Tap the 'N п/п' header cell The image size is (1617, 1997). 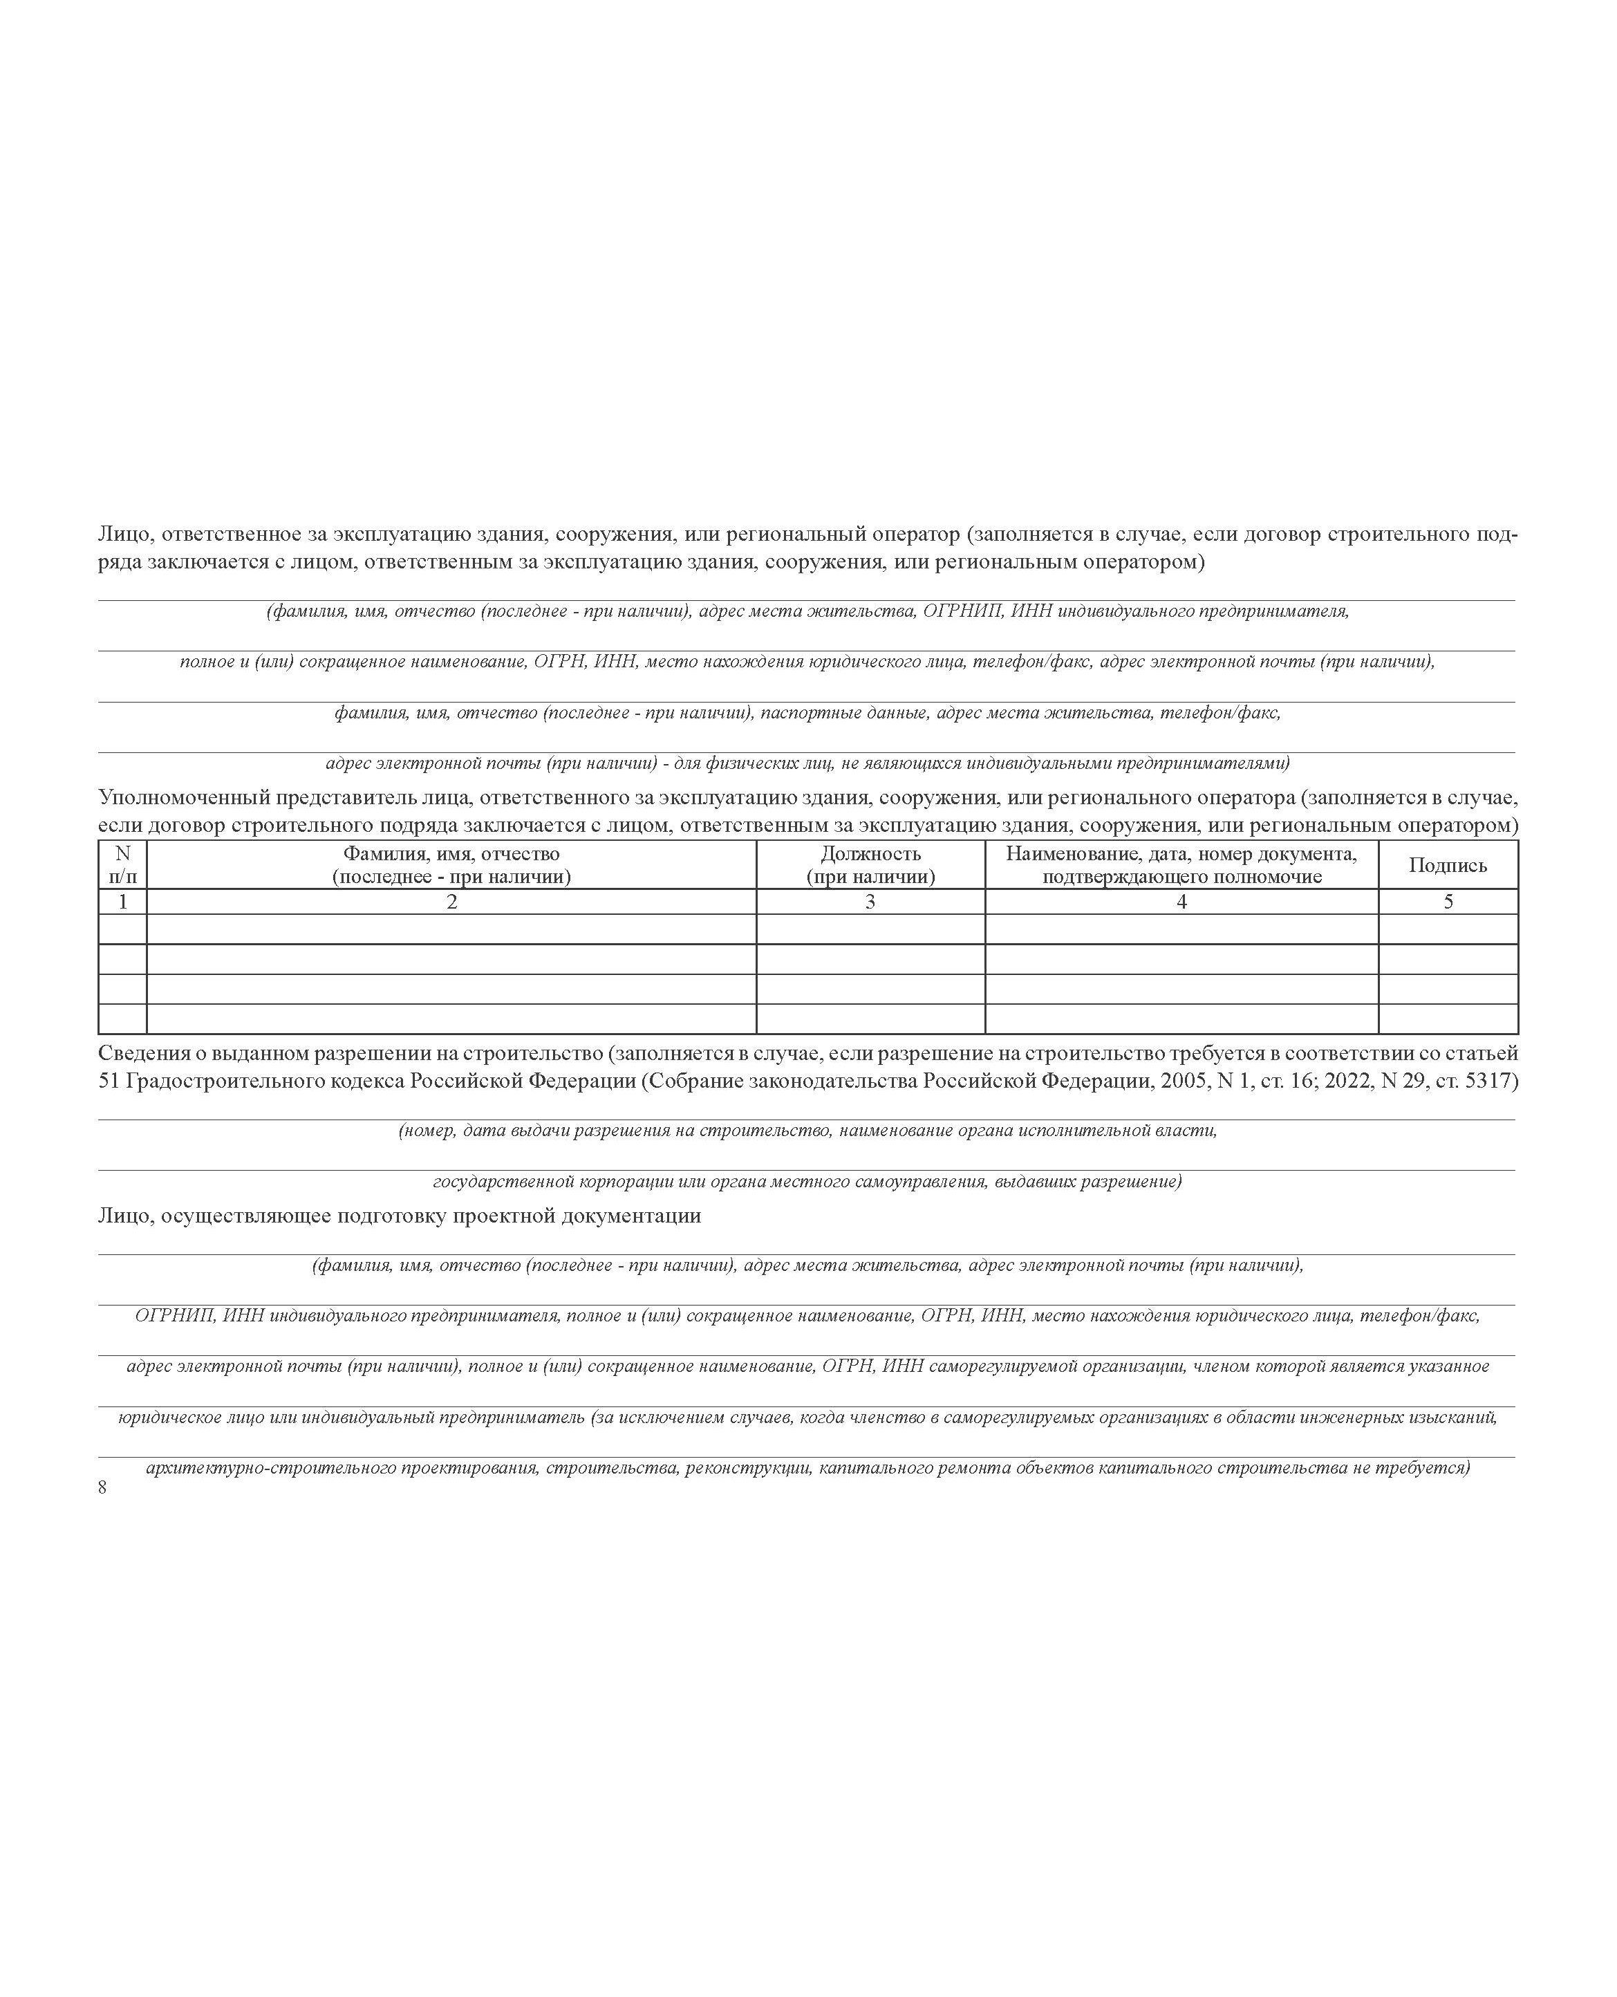122,865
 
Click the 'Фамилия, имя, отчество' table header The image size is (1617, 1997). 451,865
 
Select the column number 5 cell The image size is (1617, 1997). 1448,902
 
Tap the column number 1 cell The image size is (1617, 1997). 122,902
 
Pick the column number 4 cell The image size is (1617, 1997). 1181,902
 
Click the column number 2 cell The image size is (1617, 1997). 451,902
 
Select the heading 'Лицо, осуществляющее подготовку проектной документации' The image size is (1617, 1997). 400,1216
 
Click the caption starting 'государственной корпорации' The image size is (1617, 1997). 807,1182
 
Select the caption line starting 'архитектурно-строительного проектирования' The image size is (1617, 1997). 807,1469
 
